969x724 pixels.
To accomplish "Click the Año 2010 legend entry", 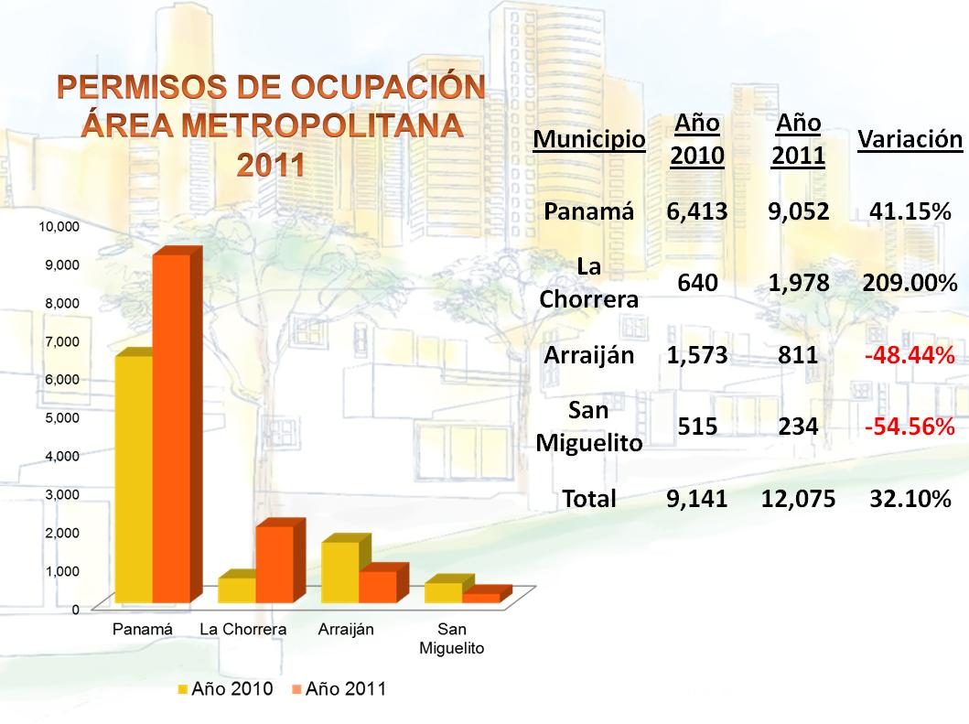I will (225, 689).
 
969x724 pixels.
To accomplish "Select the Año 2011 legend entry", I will (339, 689).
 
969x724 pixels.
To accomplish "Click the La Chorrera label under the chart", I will (243, 630).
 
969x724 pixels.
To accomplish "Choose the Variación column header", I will (910, 139).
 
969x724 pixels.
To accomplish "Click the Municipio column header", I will (589, 139).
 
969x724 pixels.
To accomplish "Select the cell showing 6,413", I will (697, 211).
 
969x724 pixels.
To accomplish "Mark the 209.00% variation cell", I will (910, 283).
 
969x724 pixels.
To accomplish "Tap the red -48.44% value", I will (910, 355).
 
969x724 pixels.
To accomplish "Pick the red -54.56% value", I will (910, 427).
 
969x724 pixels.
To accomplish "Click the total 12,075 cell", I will (798, 498).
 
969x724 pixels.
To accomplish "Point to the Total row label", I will (589, 498).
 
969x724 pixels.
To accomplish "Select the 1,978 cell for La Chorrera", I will (799, 283).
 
